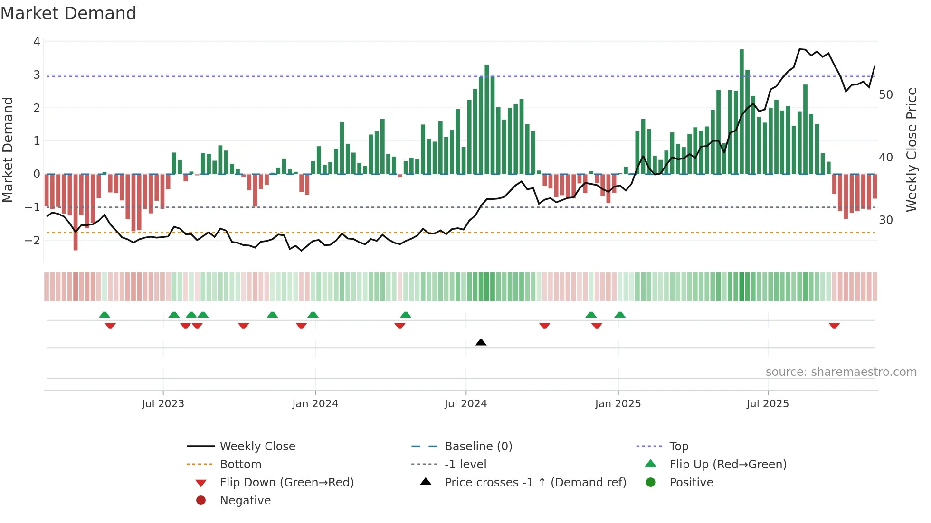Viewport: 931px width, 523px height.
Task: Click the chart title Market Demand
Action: (68, 13)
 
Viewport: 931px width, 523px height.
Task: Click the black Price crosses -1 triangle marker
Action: (481, 342)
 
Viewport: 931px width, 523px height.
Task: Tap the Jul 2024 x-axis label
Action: (465, 404)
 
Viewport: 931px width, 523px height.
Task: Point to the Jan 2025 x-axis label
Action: (617, 404)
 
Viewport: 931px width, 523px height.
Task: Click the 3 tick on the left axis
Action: (37, 75)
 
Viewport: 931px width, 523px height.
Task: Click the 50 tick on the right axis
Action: (885, 95)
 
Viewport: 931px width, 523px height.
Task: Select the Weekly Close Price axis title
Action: (911, 150)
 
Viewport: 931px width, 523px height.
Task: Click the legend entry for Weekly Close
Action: (257, 447)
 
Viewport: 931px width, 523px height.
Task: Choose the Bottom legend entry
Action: (240, 465)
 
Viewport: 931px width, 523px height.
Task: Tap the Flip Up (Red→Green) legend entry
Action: (728, 465)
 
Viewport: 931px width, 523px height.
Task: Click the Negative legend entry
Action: (245, 501)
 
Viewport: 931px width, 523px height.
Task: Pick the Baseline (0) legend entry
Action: (478, 447)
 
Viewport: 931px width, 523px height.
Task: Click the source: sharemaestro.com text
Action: (841, 372)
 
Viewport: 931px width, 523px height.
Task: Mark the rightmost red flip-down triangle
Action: (834, 326)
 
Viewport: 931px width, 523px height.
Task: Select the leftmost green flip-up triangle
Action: (104, 315)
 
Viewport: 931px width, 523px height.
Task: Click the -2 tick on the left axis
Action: (32, 240)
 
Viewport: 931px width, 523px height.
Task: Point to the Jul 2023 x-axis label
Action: (163, 404)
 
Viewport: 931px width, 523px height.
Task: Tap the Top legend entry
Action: (678, 447)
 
